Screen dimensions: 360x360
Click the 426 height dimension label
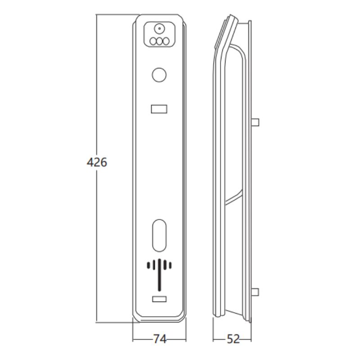point(97,162)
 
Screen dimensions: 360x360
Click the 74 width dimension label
point(160,339)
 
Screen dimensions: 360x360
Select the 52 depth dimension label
point(233,339)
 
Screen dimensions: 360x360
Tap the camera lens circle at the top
point(159,29)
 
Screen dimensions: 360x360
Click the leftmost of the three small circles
point(153,41)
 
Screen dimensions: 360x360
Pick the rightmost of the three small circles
point(166,41)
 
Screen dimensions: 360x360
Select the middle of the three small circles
point(159,41)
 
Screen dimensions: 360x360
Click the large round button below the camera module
point(159,75)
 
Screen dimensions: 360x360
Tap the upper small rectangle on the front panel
point(159,109)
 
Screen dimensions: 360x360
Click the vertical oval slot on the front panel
point(159,235)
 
